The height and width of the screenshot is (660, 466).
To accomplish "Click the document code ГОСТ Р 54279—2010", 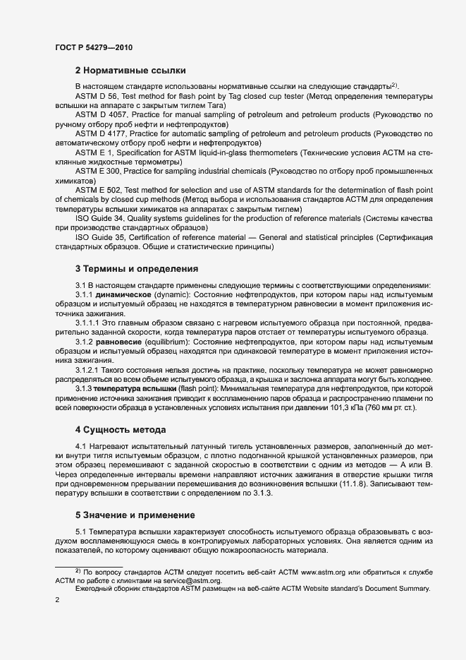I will pos(93,48).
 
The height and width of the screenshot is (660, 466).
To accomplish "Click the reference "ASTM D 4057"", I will pos(99,114).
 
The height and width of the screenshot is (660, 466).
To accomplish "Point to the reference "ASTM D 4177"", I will pos(99,133).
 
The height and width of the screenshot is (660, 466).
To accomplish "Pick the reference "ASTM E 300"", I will pos(98,170).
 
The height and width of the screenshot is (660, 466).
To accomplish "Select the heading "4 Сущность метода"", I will pos(121,430).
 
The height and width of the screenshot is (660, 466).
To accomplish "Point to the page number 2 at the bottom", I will pos(56,600).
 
